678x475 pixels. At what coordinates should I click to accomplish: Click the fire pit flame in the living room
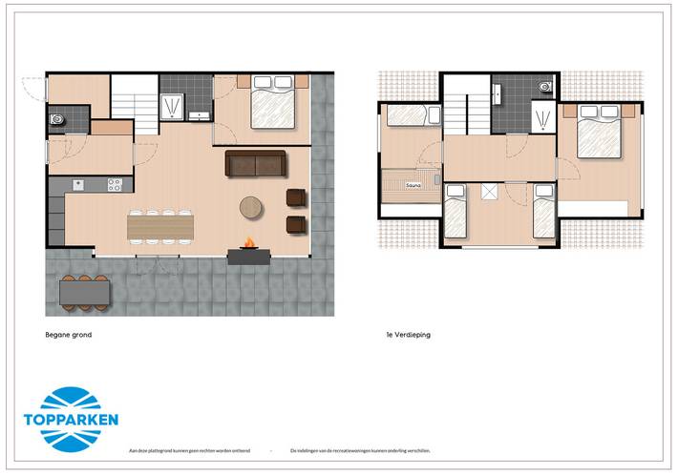(248, 243)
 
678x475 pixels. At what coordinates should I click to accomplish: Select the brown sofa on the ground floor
(256, 164)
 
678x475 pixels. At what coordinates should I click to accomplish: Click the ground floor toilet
(55, 121)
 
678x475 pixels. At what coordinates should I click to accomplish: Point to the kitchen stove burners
(114, 184)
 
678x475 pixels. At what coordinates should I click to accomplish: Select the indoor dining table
(159, 225)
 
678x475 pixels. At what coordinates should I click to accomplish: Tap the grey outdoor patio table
(83, 293)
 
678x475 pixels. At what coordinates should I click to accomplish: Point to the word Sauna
(413, 184)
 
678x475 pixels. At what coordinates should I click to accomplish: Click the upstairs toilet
(544, 87)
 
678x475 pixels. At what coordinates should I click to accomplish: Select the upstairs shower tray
(541, 118)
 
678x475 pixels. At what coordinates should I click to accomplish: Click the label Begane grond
(68, 335)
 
